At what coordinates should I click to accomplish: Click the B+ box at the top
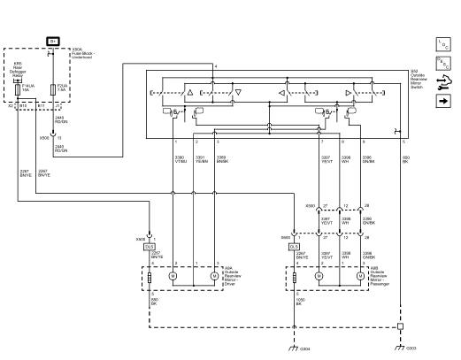click(x=53, y=42)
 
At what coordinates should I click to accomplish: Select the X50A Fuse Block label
click(x=83, y=53)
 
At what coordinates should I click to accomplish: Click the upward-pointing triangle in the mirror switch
click(x=190, y=91)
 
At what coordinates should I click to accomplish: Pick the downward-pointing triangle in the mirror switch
click(x=239, y=91)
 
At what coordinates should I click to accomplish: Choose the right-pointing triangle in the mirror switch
click(x=348, y=91)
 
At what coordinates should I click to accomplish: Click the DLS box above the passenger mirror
click(x=294, y=246)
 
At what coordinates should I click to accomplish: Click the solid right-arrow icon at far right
click(x=443, y=102)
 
